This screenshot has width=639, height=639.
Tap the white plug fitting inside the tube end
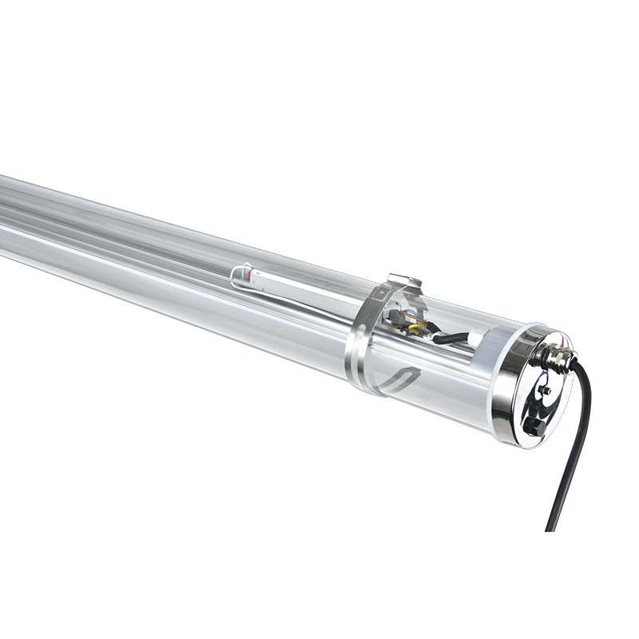[x=476, y=336]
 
